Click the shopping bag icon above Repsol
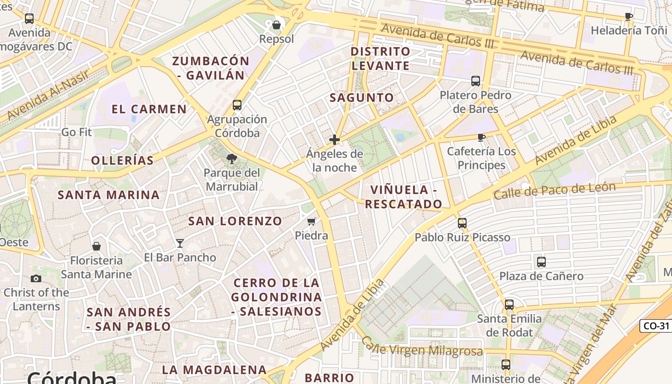click(276, 24)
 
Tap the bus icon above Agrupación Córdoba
click(237, 105)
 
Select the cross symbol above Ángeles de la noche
click(335, 140)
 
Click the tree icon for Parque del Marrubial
click(232, 158)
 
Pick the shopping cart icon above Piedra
click(312, 222)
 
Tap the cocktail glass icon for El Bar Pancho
click(180, 243)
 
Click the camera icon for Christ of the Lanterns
click(36, 278)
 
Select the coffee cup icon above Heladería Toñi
click(629, 17)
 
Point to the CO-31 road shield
click(656, 326)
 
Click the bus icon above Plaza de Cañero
click(541, 262)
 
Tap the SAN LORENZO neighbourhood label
click(235, 221)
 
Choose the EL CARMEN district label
click(149, 109)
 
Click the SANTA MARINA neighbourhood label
click(108, 195)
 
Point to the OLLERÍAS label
click(122, 160)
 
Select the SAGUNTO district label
click(361, 97)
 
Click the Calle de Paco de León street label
click(554, 191)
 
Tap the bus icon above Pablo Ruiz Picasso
click(462, 223)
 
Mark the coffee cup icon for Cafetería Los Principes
click(481, 138)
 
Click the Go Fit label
click(76, 132)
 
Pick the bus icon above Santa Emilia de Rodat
click(509, 305)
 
